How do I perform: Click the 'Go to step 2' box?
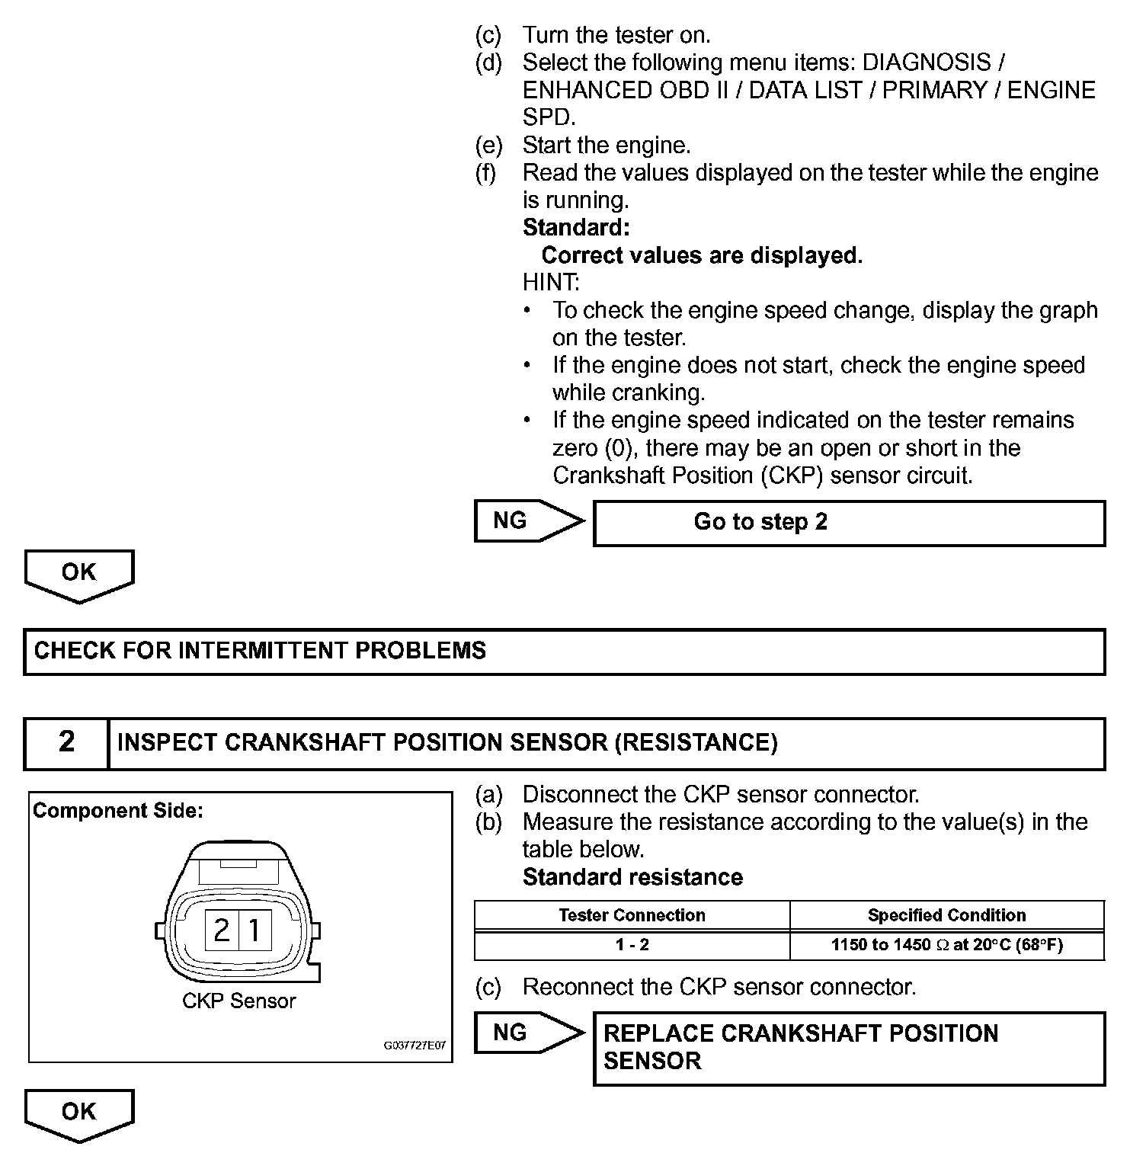(849, 523)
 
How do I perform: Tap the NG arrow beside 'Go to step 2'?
(527, 520)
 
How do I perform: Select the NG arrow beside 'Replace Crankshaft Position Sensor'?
(527, 1033)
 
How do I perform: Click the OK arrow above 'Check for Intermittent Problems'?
(79, 574)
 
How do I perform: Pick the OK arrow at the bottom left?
(79, 1113)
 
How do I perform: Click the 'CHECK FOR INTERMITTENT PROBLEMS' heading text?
(260, 651)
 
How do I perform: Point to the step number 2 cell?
(67, 742)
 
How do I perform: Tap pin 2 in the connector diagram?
(222, 930)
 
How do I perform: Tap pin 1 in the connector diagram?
(255, 930)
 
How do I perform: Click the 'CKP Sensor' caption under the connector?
(238, 1001)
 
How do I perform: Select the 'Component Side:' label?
(118, 811)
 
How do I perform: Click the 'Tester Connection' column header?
(632, 915)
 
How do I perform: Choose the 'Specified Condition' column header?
(946, 915)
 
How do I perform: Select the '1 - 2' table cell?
(632, 945)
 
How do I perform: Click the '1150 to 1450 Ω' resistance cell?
(946, 945)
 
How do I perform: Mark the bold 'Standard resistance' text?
(632, 877)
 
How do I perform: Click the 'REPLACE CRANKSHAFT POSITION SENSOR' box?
(849, 1048)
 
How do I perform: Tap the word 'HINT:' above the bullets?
(551, 283)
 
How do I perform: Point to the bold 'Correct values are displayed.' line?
(702, 255)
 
